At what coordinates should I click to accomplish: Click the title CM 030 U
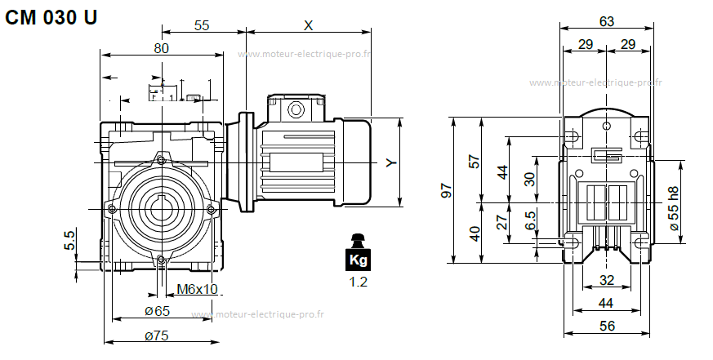(x=51, y=17)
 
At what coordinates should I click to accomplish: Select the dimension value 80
(x=161, y=48)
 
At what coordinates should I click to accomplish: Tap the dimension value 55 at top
(x=201, y=25)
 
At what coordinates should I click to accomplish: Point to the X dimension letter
(x=308, y=25)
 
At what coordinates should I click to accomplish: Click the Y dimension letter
(x=391, y=163)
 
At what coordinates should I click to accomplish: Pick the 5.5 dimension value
(x=69, y=239)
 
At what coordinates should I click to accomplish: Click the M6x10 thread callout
(x=197, y=289)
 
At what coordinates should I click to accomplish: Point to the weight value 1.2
(x=358, y=282)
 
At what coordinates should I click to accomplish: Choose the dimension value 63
(x=606, y=22)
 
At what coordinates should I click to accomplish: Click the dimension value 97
(x=446, y=190)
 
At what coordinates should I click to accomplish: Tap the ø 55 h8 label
(x=674, y=207)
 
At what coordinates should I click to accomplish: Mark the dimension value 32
(x=606, y=280)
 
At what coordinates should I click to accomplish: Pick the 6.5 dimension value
(x=531, y=220)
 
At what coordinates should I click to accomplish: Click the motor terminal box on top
(x=295, y=108)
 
